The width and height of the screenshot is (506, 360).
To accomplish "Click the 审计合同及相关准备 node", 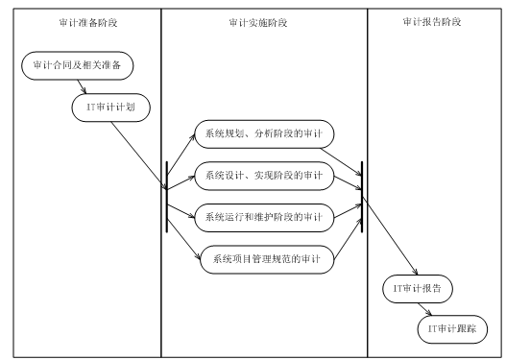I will [78, 65].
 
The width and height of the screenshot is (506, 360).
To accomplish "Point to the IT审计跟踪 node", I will [451, 328].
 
